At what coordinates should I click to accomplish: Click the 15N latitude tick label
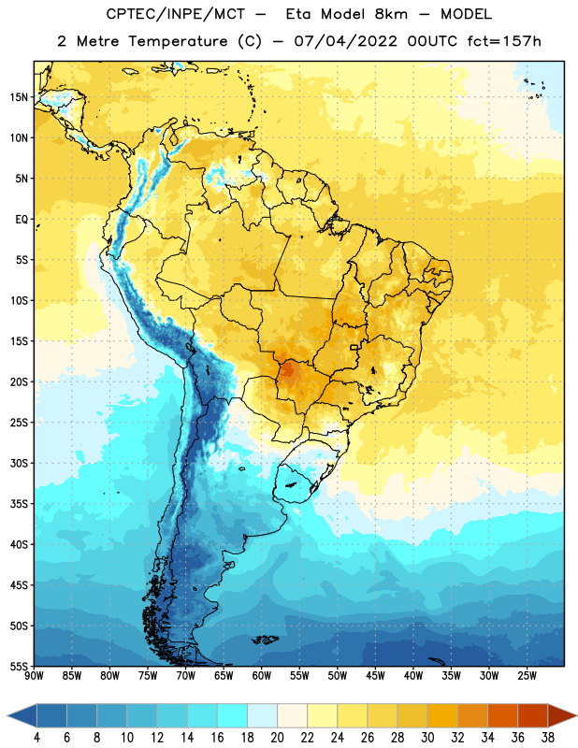pyautogui.click(x=19, y=97)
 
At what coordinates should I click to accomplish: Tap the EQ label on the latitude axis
pyautogui.click(x=22, y=220)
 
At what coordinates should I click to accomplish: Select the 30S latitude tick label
pyautogui.click(x=19, y=463)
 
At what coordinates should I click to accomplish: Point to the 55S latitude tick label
pyautogui.click(x=19, y=666)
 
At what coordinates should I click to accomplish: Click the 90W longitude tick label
pyautogui.click(x=34, y=676)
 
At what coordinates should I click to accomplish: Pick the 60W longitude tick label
pyautogui.click(x=262, y=676)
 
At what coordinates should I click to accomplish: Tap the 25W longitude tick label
pyautogui.click(x=527, y=676)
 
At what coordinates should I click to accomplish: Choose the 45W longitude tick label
pyautogui.click(x=376, y=676)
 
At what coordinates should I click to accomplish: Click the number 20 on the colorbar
pyautogui.click(x=277, y=738)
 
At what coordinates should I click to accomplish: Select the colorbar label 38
pyautogui.click(x=548, y=738)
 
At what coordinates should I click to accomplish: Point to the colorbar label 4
pyautogui.click(x=36, y=738)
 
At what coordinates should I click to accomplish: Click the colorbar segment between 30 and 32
pyautogui.click(x=442, y=715)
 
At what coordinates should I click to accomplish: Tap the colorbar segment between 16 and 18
pyautogui.click(x=232, y=715)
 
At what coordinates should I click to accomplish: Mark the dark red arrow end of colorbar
pyautogui.click(x=562, y=715)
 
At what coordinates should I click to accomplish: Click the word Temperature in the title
pyautogui.click(x=178, y=41)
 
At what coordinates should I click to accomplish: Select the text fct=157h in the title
pyautogui.click(x=504, y=41)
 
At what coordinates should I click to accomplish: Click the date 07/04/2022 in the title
pyautogui.click(x=345, y=41)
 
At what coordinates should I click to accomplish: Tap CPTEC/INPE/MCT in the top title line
pyautogui.click(x=176, y=14)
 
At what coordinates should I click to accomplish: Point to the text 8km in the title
pyautogui.click(x=391, y=14)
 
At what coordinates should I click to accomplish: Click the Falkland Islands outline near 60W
pyautogui.click(x=265, y=640)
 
